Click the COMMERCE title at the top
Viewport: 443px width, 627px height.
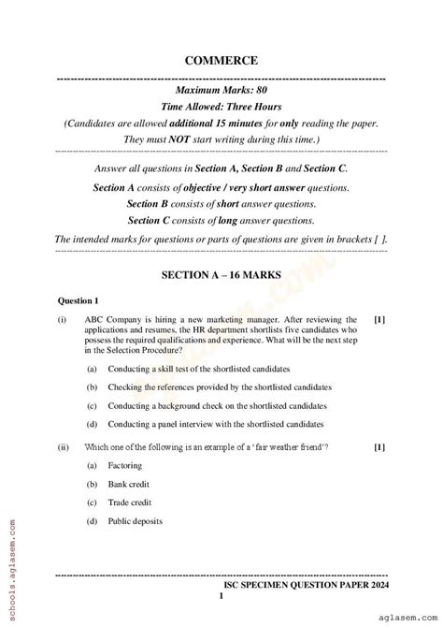pyautogui.click(x=221, y=60)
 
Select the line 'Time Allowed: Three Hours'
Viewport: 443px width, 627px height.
pyautogui.click(x=221, y=108)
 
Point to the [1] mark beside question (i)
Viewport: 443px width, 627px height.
pyautogui.click(x=379, y=319)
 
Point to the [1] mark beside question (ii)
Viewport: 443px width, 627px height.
pyautogui.click(x=379, y=447)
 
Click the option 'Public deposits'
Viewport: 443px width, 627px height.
pyautogui.click(x=136, y=520)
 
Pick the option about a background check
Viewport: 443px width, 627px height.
pyautogui.click(x=217, y=406)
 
